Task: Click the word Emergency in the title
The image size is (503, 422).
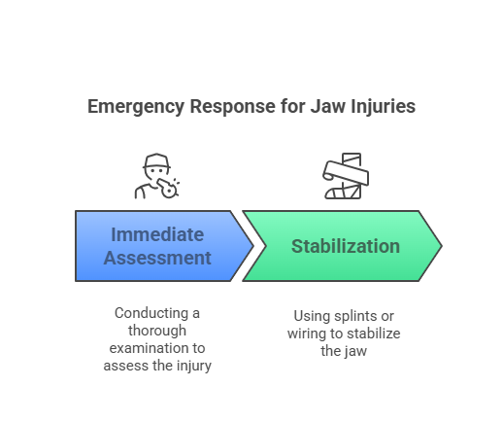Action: pos(136,107)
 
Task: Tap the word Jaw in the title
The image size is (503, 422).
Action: pos(328,106)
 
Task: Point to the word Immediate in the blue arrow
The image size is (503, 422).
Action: pos(157,234)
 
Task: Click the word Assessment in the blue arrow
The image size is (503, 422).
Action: pos(157,258)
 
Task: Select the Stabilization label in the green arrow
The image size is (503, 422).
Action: pos(346,246)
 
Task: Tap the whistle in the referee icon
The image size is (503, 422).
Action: pos(168,189)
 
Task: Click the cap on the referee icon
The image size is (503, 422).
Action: pos(156,160)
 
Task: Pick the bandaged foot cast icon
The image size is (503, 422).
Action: pos(346,176)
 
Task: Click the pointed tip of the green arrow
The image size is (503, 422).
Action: pos(442,246)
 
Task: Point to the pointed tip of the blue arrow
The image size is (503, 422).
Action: pos(253,246)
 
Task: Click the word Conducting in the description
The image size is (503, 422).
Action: pos(151,313)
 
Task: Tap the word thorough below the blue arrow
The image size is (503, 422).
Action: pos(157,331)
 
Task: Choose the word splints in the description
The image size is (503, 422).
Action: pos(355,316)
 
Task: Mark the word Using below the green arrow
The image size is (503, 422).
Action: pos(313,316)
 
